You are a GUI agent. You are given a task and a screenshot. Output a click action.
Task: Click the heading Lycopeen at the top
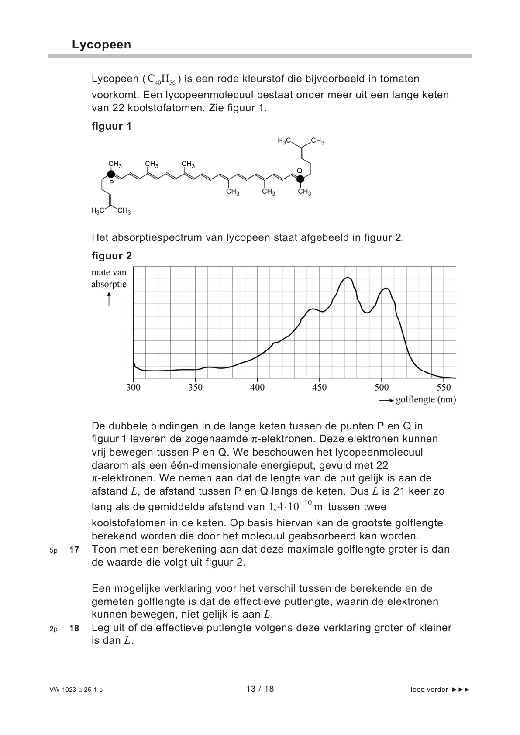click(x=101, y=45)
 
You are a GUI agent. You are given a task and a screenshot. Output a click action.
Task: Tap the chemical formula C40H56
click(x=162, y=79)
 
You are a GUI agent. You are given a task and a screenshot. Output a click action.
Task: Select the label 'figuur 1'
click(x=111, y=127)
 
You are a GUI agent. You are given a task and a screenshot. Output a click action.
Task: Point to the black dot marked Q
click(x=300, y=178)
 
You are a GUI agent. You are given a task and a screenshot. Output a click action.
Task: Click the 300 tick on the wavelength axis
click(x=133, y=388)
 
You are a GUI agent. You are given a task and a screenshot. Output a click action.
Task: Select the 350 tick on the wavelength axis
click(x=195, y=388)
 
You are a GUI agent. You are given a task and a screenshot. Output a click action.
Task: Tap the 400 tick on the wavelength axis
click(x=257, y=388)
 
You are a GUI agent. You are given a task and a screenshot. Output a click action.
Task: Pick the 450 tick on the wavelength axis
click(x=319, y=388)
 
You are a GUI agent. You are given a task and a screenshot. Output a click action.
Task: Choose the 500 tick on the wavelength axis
click(x=382, y=388)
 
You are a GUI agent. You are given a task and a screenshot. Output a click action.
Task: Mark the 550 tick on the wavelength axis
click(x=444, y=388)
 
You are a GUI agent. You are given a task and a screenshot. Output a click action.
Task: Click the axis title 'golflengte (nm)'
click(x=426, y=400)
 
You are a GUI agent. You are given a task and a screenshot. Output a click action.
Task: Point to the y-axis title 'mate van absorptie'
click(x=109, y=278)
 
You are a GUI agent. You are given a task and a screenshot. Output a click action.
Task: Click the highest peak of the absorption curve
click(x=348, y=278)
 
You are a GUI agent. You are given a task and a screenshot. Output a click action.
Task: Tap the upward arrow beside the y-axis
click(x=109, y=299)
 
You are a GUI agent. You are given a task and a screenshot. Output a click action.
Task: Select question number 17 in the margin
click(x=74, y=550)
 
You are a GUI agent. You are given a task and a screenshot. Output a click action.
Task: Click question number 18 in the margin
click(x=74, y=629)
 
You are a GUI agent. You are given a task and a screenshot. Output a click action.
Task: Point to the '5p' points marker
click(x=54, y=550)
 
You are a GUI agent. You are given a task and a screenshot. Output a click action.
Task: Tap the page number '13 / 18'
click(x=260, y=689)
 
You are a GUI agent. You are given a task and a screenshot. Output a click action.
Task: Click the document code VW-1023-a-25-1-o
click(x=76, y=690)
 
